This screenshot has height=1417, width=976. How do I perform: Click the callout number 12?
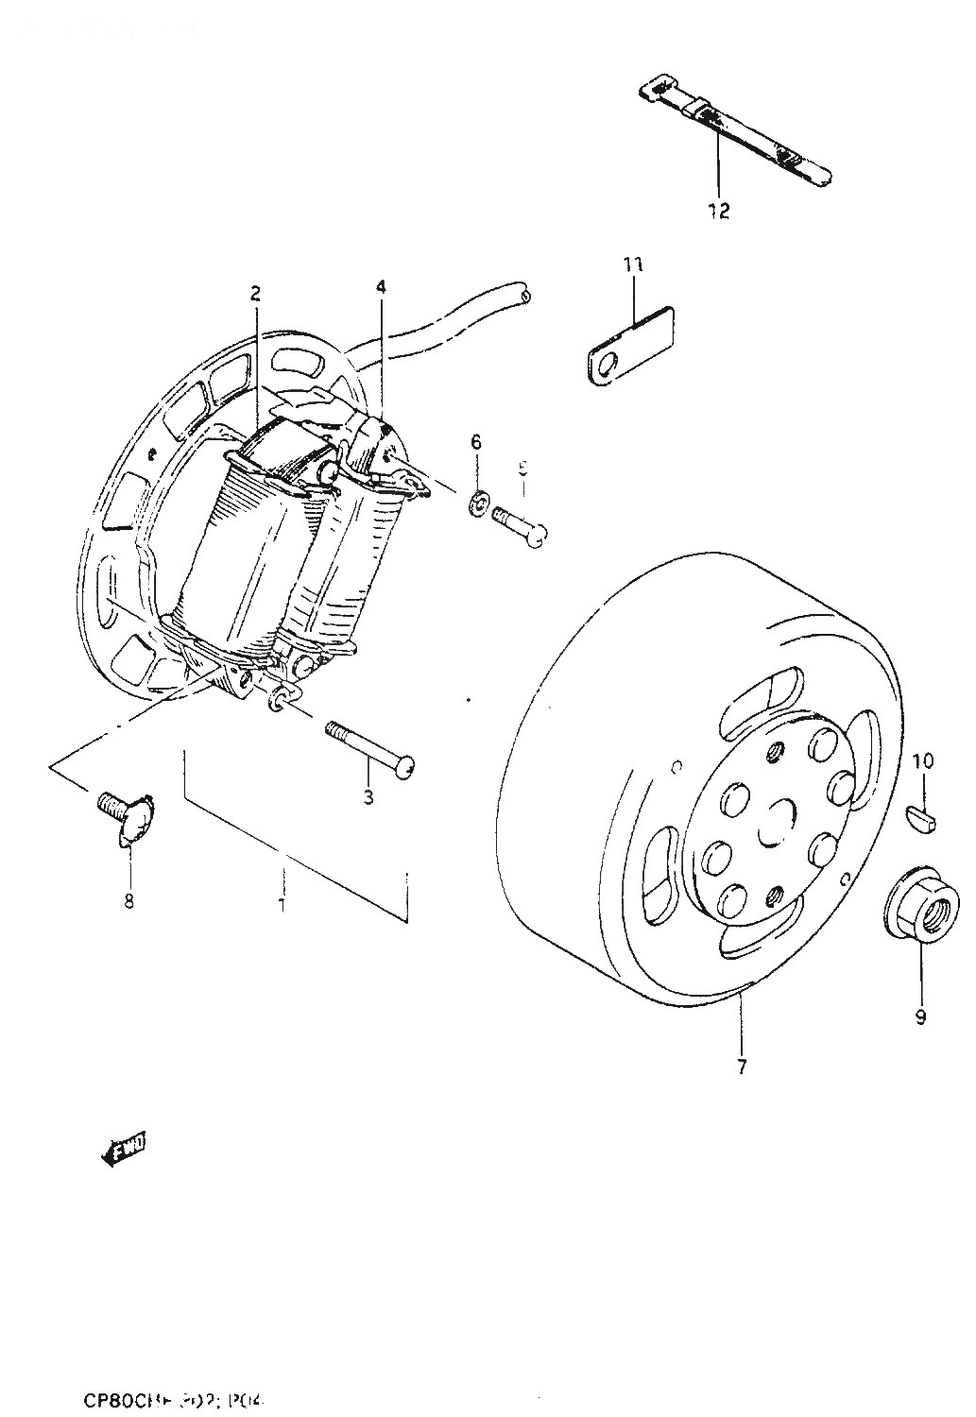tap(719, 210)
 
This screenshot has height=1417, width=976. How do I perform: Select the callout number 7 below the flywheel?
tap(742, 1067)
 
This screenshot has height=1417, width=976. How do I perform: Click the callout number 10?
tap(923, 760)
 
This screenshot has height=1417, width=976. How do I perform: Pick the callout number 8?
tap(129, 900)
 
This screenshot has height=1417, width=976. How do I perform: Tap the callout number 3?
tap(368, 796)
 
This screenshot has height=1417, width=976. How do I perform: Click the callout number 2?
tap(255, 293)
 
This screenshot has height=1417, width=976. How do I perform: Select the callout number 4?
tap(381, 286)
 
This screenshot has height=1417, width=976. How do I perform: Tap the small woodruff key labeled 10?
tap(922, 816)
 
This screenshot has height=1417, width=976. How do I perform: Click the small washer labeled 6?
tap(478, 501)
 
